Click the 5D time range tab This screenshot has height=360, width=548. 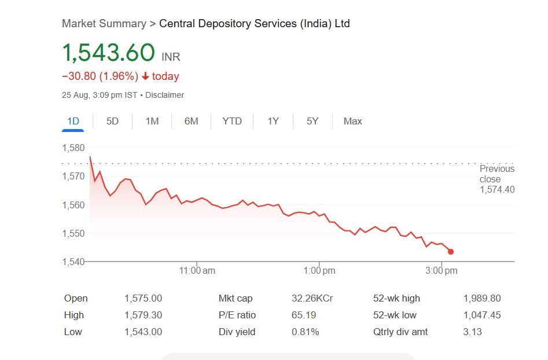112,121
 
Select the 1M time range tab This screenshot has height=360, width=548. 152,121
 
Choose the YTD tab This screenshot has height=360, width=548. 232,121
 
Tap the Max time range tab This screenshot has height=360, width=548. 352,121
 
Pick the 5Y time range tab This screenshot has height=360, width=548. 312,121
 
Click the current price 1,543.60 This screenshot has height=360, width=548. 109,53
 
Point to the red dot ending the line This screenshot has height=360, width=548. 451,252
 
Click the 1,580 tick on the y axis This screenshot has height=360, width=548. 73,148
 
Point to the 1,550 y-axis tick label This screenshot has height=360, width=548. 73,233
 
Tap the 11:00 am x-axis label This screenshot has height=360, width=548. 197,270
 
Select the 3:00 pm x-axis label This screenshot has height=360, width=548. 442,270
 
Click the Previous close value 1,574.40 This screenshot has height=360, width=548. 497,190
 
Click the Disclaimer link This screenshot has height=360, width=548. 165,95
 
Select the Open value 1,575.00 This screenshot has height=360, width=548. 143,299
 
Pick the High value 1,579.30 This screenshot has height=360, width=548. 143,315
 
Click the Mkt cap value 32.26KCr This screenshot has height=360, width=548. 312,299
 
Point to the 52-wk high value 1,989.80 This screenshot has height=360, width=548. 482,299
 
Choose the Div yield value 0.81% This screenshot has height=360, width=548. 305,332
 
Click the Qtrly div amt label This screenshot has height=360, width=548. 400,332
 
